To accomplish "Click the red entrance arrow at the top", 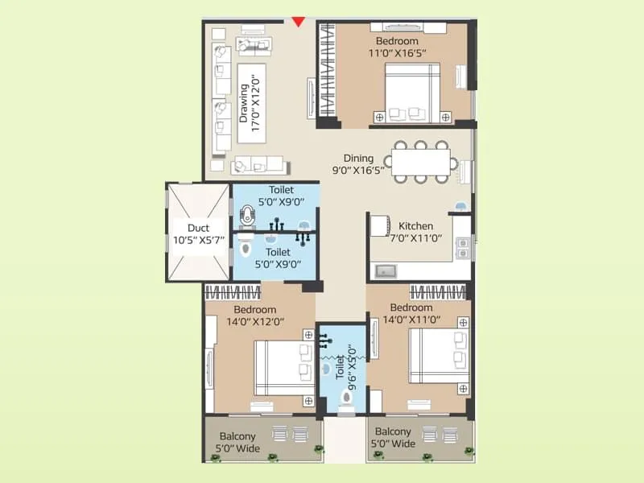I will tap(299, 21).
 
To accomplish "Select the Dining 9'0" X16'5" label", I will tap(358, 165).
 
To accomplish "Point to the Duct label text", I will tap(197, 234).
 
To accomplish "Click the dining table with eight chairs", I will tap(421, 159).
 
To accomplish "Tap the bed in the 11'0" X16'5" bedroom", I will tap(411, 93).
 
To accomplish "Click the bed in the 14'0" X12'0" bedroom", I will tap(283, 368).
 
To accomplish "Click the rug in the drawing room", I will tap(250, 102).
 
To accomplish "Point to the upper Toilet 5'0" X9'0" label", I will tap(275, 197).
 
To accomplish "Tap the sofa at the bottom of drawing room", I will tap(259, 166).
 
